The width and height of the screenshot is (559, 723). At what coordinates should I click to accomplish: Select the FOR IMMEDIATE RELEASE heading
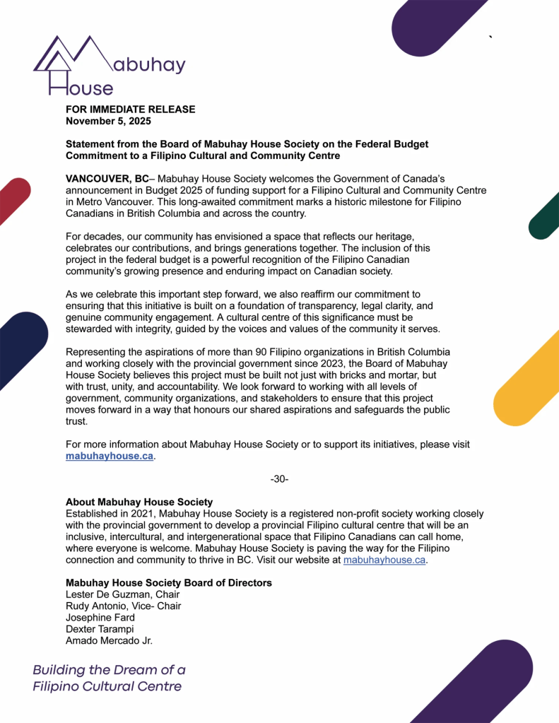(130, 110)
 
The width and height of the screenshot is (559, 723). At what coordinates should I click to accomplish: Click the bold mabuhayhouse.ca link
(109, 456)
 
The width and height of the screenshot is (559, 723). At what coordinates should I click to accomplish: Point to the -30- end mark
(279, 479)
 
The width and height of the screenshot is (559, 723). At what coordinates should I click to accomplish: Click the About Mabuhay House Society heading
(139, 502)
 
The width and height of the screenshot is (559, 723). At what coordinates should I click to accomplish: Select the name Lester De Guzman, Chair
(122, 594)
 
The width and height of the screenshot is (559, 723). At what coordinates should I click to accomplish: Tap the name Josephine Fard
(100, 618)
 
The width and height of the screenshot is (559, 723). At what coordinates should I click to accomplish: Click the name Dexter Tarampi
(100, 629)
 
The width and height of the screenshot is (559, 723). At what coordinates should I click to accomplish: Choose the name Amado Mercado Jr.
(109, 640)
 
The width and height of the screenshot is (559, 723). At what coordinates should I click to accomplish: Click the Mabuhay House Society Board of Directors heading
(168, 583)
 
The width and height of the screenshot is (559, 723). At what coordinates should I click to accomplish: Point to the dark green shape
(545, 214)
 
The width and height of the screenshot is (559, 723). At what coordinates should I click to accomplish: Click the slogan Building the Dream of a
(109, 669)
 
